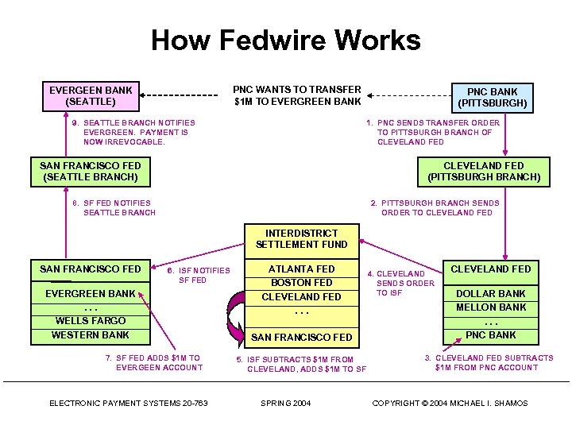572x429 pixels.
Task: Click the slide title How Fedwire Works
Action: [286, 40]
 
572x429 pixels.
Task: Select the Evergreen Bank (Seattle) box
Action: [91, 95]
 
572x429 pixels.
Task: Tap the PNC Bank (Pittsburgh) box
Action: [492, 98]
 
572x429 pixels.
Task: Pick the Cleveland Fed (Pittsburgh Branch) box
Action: [484, 171]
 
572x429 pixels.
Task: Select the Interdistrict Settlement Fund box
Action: [302, 238]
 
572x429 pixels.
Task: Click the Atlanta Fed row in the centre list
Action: [302, 269]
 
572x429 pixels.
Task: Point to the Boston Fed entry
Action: [302, 283]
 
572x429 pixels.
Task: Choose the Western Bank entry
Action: [91, 334]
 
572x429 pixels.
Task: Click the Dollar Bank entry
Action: [491, 293]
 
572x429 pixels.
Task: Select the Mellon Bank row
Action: [491, 307]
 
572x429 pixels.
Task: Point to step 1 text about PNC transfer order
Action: [433, 132]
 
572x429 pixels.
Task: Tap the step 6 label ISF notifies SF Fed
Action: [199, 275]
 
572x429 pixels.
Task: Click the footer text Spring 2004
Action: [286, 404]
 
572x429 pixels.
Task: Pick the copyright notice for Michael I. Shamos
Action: [450, 404]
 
